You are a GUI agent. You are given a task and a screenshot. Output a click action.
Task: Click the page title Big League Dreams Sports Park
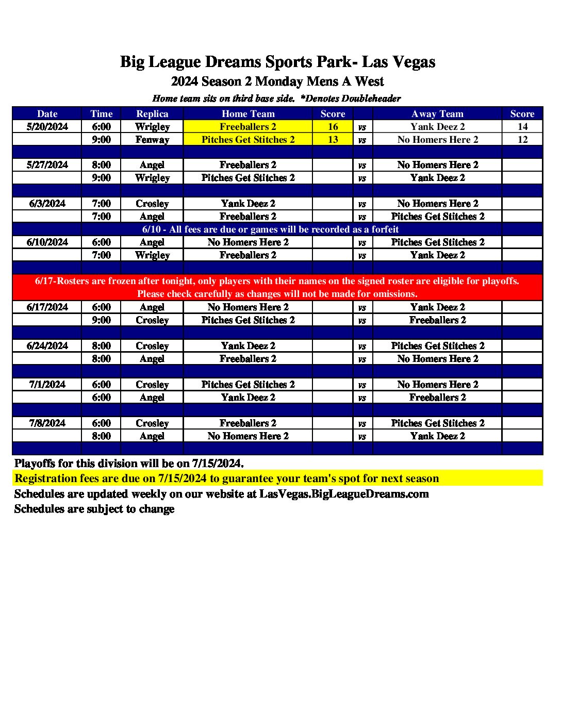(x=277, y=62)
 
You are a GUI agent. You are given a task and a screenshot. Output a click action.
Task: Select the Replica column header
(x=152, y=114)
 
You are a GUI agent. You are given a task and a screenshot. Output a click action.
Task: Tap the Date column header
(x=47, y=114)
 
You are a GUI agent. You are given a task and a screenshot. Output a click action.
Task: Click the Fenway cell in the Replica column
(x=152, y=140)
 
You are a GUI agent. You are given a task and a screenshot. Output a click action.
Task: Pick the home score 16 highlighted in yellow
(x=333, y=127)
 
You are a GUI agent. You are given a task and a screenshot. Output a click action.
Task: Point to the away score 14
(x=522, y=127)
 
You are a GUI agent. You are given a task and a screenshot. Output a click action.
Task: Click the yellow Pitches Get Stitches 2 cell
(x=248, y=140)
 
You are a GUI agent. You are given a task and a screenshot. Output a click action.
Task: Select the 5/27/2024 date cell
(x=47, y=165)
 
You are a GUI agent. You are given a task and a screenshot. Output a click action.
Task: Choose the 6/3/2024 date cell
(x=47, y=204)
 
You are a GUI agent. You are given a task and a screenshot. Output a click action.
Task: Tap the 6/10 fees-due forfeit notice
(x=270, y=229)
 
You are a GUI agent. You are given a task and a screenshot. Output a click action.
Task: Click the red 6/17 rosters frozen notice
(x=277, y=287)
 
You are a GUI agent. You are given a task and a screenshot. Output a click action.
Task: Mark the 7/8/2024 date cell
(x=47, y=423)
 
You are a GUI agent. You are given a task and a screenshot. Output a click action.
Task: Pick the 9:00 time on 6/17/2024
(x=101, y=320)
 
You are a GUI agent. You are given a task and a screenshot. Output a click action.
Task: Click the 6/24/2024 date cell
(x=47, y=346)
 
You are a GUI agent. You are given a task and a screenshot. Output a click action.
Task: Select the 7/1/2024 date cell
(x=47, y=385)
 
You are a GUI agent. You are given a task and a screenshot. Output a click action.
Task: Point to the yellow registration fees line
(x=227, y=478)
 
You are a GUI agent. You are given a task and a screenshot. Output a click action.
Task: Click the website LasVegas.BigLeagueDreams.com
(x=344, y=494)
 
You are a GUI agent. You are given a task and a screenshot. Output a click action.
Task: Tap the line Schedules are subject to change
(x=94, y=509)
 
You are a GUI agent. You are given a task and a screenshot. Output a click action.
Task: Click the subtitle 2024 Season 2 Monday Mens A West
(x=277, y=81)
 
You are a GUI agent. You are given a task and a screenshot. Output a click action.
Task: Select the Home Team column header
(x=248, y=114)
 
